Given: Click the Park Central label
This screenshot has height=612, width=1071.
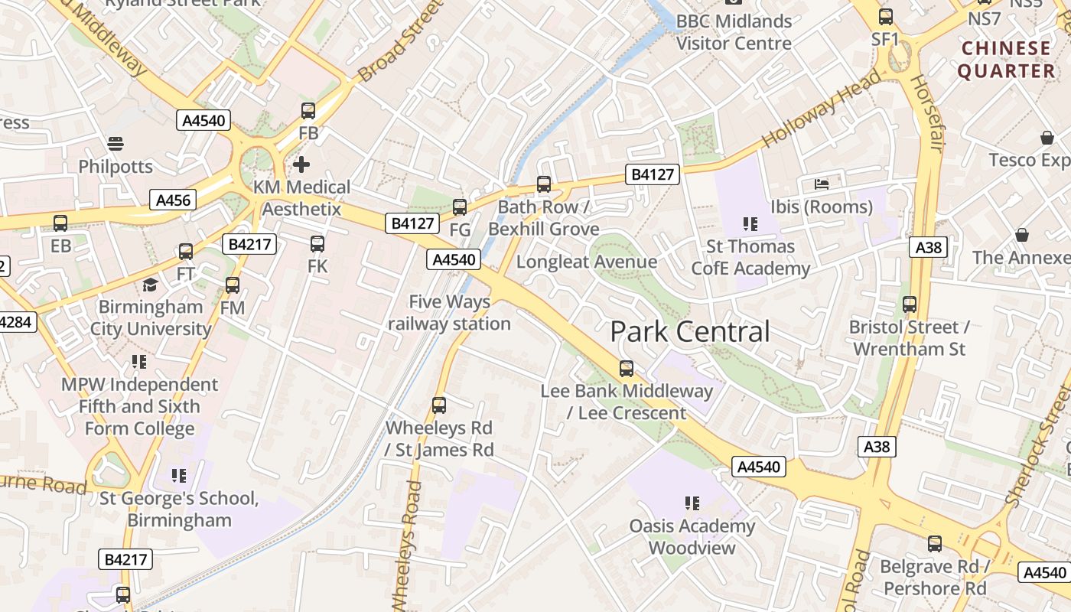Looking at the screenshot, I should coord(689,332).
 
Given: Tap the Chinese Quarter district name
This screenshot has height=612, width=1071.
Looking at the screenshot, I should coord(1006,60).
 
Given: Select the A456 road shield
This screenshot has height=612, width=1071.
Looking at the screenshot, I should coord(174,200).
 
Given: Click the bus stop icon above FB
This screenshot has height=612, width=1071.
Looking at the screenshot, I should coord(308,111).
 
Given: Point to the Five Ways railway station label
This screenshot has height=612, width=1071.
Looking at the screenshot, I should coord(449,313).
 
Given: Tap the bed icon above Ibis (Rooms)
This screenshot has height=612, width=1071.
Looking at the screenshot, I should coord(822,184).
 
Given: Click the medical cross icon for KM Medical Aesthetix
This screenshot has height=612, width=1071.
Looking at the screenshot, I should coord(301,164).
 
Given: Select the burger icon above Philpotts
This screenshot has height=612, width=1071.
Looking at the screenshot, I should coord(116,144).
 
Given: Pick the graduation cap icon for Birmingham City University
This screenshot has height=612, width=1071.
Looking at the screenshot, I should coord(151,285).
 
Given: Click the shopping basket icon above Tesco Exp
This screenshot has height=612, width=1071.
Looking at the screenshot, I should coord(1047,138).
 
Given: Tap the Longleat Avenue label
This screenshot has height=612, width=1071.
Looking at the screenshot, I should coord(587,262).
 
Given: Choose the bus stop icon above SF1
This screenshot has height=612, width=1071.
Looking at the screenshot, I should coord(886,16).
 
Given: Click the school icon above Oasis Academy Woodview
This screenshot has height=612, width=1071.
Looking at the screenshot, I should coord(692,503).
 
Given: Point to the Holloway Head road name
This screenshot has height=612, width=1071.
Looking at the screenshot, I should coord(822,109).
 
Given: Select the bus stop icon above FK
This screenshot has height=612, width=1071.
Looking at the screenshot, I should coord(317,244).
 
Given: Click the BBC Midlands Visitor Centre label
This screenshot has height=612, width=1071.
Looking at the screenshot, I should coord(734,32).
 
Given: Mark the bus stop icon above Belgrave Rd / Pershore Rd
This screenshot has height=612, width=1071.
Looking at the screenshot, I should coord(935,544).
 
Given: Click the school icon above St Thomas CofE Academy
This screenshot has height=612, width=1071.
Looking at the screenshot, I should coord(750,224).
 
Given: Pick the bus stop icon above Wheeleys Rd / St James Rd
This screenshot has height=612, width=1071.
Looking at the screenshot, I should coord(439,405).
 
